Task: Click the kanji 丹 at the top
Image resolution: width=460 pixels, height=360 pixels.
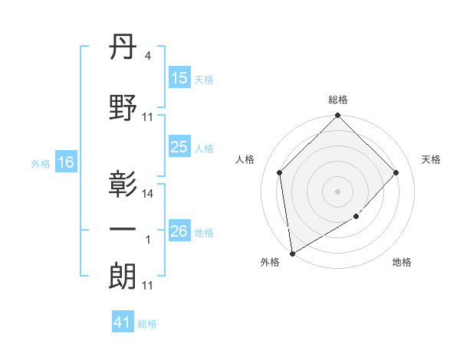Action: [123, 51]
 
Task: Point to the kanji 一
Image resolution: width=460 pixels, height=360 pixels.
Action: [123, 229]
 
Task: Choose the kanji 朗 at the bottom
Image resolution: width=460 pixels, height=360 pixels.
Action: [123, 274]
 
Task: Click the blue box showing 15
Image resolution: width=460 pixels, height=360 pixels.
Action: [179, 78]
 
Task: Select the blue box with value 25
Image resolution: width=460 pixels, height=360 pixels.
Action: [179, 147]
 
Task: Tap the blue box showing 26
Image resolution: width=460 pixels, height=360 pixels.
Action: [179, 231]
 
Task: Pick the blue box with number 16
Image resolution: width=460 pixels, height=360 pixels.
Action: [65, 162]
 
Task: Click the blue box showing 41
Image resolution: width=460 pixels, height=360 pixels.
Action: [123, 322]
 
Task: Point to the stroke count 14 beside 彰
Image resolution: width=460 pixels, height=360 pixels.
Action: [148, 194]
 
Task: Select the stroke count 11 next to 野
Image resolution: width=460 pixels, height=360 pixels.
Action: [148, 117]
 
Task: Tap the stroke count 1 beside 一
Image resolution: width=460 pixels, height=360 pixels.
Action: [148, 240]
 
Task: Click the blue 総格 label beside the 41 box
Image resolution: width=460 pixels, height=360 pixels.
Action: [147, 324]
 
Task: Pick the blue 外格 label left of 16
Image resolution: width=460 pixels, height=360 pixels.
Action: [40, 163]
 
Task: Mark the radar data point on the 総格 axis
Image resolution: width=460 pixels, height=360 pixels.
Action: [337, 116]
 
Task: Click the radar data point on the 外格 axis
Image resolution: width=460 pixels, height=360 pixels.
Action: [292, 253]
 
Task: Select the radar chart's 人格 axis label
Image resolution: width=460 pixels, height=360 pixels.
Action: [245, 159]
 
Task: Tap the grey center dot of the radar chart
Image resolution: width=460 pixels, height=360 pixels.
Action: [337, 191]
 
